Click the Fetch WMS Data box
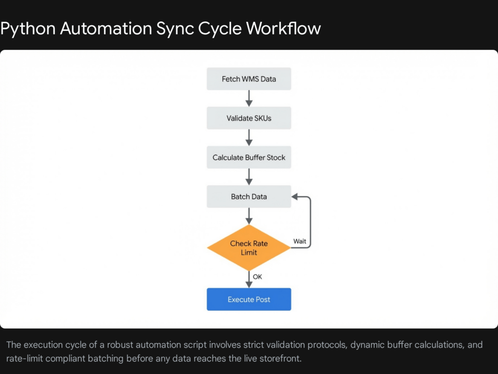[x=249, y=79]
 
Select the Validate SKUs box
[x=249, y=118]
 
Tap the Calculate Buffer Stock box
[x=249, y=157]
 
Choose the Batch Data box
[x=249, y=196]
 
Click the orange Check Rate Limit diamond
[x=249, y=248]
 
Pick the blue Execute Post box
[x=249, y=299]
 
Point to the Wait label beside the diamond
[x=300, y=241]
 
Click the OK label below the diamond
[x=257, y=277]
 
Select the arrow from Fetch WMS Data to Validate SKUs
[x=249, y=98]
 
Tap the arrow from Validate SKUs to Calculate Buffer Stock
[x=249, y=137]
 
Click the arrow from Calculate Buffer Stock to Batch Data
[x=249, y=177]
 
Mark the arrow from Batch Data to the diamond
[x=249, y=216]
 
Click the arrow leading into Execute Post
[x=249, y=280]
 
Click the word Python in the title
[x=28, y=29]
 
